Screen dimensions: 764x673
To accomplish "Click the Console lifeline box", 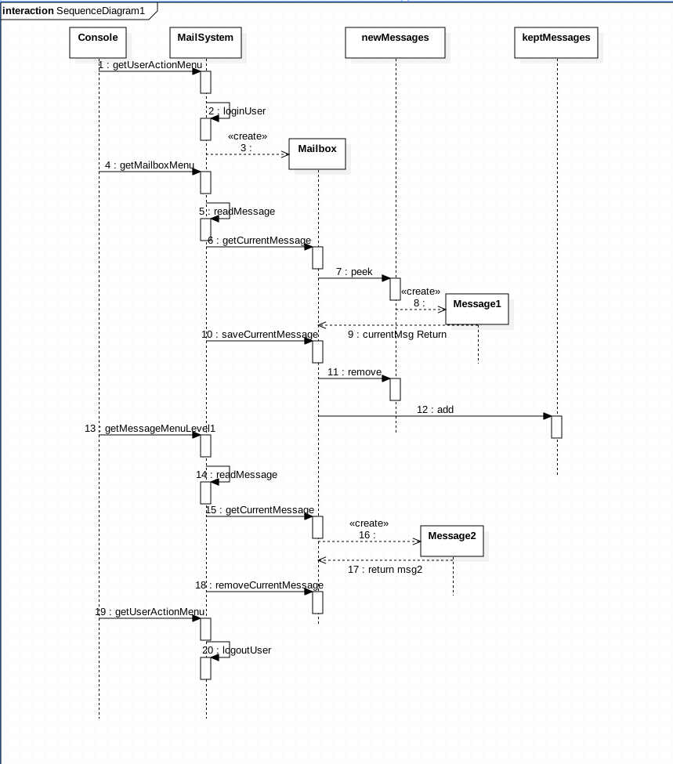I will [x=98, y=42].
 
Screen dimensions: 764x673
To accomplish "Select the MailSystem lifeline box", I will [x=205, y=42].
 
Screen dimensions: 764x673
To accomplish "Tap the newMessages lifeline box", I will [x=395, y=42].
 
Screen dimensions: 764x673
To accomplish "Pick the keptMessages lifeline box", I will [x=556, y=42].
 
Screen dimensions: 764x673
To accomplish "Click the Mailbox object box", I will [x=317, y=154].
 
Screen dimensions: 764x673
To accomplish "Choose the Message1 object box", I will [x=476, y=309].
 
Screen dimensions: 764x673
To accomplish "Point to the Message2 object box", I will [x=451, y=541].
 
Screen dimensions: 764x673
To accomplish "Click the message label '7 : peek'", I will [x=354, y=272].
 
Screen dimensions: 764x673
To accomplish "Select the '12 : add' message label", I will [x=435, y=410].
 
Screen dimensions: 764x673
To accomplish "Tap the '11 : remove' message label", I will [x=354, y=372].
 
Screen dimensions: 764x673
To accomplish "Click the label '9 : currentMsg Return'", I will [x=397, y=335].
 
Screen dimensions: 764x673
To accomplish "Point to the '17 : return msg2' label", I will [x=385, y=570].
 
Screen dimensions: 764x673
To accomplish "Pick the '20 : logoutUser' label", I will [x=237, y=650].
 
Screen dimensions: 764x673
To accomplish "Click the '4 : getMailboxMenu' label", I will [x=149, y=165].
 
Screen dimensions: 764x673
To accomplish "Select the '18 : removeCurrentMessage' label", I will [x=259, y=585].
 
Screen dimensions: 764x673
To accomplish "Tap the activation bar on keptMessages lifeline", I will [x=556, y=427].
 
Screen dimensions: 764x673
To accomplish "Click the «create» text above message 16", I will [x=368, y=523].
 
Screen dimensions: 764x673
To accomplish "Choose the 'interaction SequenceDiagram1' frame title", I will [x=74, y=11].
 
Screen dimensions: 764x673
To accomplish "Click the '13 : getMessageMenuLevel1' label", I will [x=150, y=429].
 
